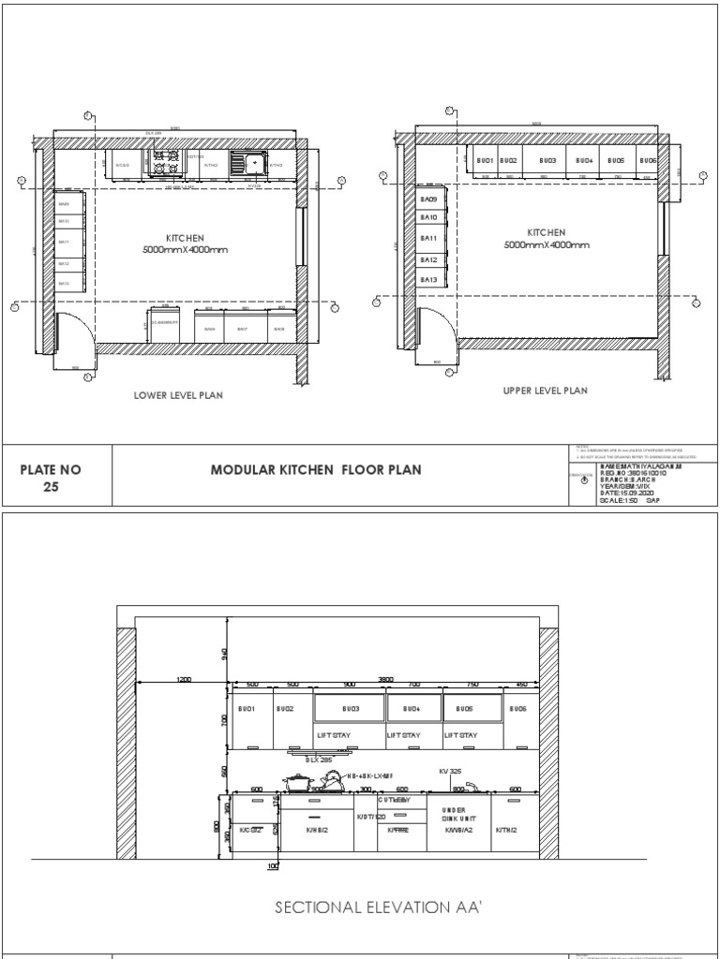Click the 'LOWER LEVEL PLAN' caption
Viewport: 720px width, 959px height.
point(179,396)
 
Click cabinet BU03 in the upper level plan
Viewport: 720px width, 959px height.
point(547,161)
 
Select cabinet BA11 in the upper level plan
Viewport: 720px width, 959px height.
point(428,239)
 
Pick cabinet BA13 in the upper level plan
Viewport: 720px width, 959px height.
point(428,280)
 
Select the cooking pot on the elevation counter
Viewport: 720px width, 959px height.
point(297,783)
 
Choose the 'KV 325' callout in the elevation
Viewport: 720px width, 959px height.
point(452,771)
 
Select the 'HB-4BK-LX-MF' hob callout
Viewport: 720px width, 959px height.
point(371,776)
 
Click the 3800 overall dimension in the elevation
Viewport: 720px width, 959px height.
point(384,678)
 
